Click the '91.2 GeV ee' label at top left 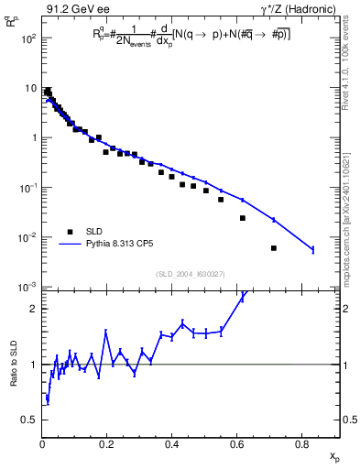point(78,10)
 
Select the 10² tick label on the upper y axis point(27,38)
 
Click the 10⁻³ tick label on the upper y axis point(27,288)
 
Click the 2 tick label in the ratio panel point(34,309)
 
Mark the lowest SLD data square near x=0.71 point(274,248)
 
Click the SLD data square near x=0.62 point(243,218)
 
